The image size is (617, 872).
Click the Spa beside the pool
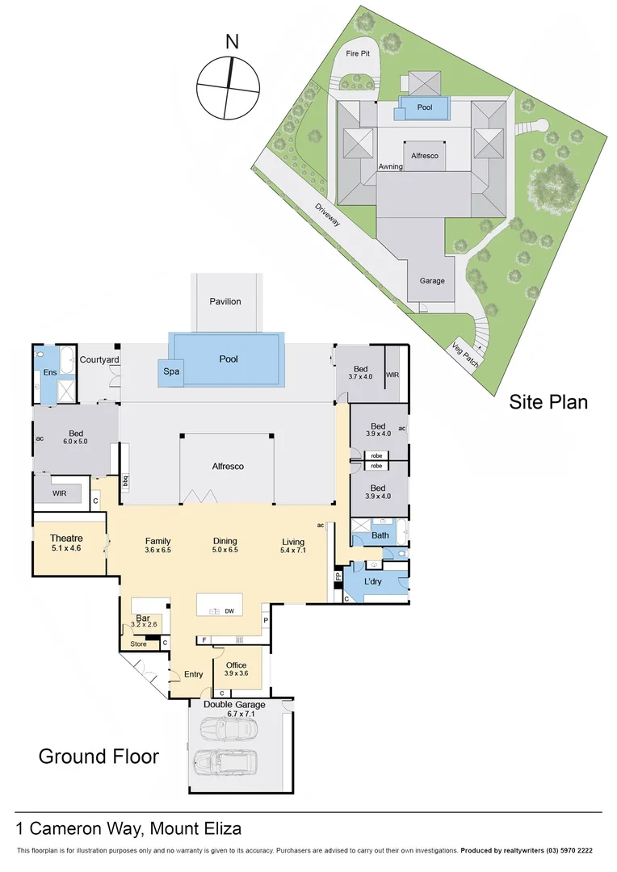click(x=170, y=371)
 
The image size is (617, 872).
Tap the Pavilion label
click(x=225, y=301)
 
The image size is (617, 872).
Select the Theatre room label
click(x=66, y=539)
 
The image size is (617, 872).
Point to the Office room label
click(x=236, y=665)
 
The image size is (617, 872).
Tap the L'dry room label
click(x=373, y=581)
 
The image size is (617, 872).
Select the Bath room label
click(x=380, y=535)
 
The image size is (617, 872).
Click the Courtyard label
click(x=100, y=359)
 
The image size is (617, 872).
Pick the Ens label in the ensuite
click(x=50, y=372)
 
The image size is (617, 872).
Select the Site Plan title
click(x=548, y=401)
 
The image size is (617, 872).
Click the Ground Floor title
click(x=99, y=757)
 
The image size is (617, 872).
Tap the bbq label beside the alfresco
click(x=125, y=482)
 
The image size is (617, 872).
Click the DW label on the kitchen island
click(x=229, y=611)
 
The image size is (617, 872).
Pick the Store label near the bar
click(x=139, y=644)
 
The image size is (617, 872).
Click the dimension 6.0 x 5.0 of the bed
click(x=74, y=442)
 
